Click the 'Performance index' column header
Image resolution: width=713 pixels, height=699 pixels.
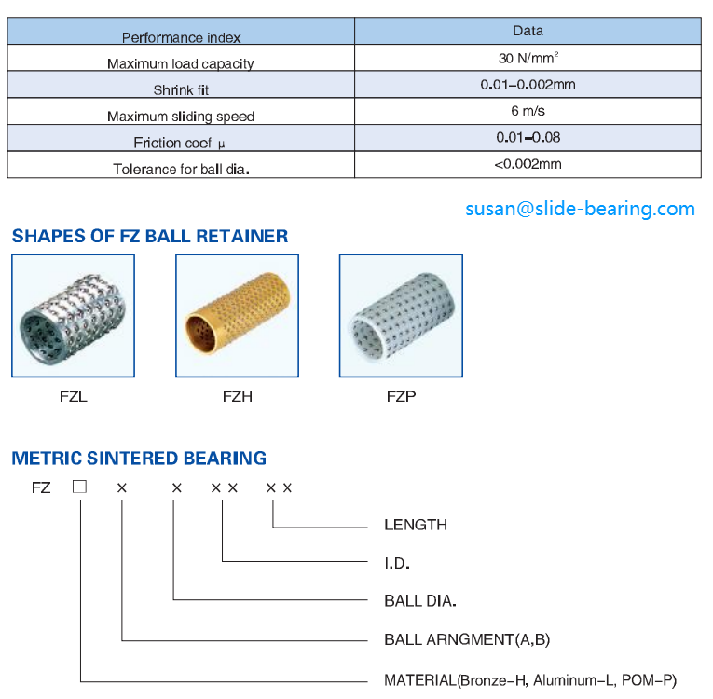(181, 38)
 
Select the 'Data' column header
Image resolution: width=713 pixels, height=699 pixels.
(528, 31)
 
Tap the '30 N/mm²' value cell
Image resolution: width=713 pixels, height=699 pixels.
(528, 58)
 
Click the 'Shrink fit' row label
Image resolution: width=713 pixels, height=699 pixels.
(181, 90)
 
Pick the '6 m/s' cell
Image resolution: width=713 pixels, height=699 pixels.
(528, 111)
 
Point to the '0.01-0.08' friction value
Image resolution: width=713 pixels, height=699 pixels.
(528, 137)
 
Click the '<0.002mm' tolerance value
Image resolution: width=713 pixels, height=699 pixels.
(528, 164)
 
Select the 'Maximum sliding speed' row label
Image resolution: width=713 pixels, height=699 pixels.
(181, 116)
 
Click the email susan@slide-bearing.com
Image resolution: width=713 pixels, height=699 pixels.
(580, 209)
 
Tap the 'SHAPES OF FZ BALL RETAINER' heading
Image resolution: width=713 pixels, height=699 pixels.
(150, 237)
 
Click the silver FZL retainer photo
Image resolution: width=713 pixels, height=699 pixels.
(73, 316)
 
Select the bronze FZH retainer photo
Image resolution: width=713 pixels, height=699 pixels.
(237, 316)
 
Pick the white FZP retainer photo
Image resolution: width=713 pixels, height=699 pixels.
(401, 316)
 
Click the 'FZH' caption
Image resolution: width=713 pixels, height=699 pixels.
(237, 396)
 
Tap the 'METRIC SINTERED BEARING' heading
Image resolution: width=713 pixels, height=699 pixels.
(139, 459)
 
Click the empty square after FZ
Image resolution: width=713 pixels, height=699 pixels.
(80, 487)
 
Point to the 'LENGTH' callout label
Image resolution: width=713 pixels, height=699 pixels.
(416, 525)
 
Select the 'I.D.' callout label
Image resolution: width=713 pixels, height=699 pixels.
(397, 563)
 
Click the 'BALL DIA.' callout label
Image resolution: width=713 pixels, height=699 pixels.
(420, 601)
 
